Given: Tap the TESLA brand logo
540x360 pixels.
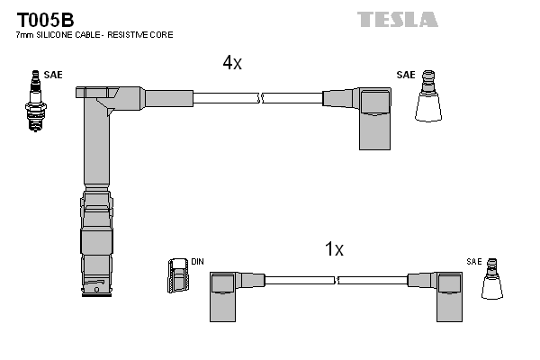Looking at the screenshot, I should [397, 19].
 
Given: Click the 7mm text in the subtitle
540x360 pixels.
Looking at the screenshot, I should [25, 35].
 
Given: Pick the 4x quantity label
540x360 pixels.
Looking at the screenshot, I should [232, 62].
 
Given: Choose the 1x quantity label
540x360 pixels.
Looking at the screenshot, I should [334, 249].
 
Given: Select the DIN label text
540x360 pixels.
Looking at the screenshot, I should [197, 262].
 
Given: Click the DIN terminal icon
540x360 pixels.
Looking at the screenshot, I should [177, 275].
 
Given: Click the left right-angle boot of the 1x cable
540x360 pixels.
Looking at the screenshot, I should [226, 293].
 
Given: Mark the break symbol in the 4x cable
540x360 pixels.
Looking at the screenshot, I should [259, 98].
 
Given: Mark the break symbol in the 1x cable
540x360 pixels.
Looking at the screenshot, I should [340, 281].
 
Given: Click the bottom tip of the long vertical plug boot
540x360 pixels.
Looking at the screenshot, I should [98, 292].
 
